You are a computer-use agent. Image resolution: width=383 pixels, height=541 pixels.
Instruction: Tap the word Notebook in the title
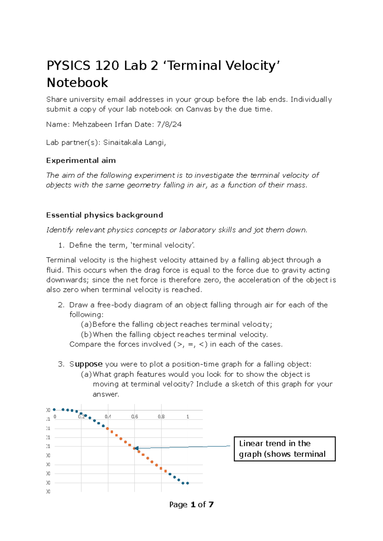coord(77,83)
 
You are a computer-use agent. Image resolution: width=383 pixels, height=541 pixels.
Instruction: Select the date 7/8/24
coord(169,124)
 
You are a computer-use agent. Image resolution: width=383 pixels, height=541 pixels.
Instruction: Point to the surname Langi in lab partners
coord(155,143)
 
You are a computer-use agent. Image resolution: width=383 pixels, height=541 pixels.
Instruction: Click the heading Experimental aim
coord(81,160)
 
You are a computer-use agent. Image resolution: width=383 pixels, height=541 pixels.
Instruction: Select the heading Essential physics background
coord(104,215)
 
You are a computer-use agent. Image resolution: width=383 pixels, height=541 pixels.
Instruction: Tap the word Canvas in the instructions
coord(199,109)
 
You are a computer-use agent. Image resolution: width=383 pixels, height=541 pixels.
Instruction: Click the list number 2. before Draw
coord(61,305)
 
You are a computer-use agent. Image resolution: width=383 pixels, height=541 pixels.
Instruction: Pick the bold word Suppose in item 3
coord(86,364)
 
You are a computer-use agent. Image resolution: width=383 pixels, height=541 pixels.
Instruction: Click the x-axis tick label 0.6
coord(135,417)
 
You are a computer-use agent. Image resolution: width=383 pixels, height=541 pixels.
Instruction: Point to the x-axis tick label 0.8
coord(161,417)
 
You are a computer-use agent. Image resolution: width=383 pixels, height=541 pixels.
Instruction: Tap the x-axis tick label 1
coord(188,417)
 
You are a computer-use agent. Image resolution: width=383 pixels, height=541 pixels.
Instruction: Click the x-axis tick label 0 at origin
coord(55,417)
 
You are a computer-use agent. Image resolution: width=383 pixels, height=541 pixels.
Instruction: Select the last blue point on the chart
coord(188,483)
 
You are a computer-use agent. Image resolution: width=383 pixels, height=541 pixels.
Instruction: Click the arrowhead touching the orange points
coord(137,448)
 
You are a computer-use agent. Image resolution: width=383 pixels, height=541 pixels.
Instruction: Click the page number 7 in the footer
coord(211,505)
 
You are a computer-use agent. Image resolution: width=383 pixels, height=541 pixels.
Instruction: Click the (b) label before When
coord(86,335)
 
